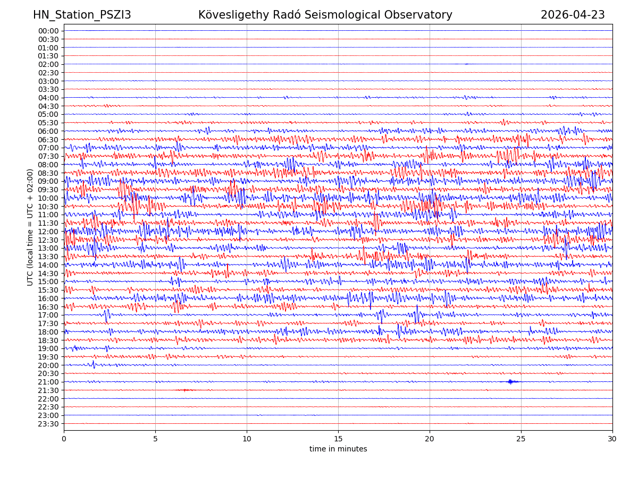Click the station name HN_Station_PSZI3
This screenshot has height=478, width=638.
pos(82,15)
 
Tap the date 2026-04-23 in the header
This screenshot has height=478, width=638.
pos(573,15)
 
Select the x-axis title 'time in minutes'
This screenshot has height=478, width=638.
pos(338,449)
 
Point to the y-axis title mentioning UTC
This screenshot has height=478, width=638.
pos(30,227)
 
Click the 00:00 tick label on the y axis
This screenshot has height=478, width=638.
pos(48,31)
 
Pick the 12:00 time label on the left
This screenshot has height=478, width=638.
pos(48,232)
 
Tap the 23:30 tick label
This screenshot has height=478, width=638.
pos(48,424)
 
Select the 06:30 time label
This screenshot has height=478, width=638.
pos(48,139)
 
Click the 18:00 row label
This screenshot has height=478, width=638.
pos(48,332)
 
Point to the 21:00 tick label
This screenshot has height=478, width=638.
pos(48,382)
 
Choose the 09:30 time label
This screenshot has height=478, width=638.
pos(48,190)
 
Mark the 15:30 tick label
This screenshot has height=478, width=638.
pos(48,290)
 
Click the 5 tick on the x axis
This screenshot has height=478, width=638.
pos(155,439)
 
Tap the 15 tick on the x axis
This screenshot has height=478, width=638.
pos(338,439)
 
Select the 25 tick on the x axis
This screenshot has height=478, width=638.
pos(521,439)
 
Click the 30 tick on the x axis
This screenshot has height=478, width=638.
pos(612,439)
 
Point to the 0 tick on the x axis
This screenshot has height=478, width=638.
pos(64,439)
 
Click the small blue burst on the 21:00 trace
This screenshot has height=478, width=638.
pos(511,381)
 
